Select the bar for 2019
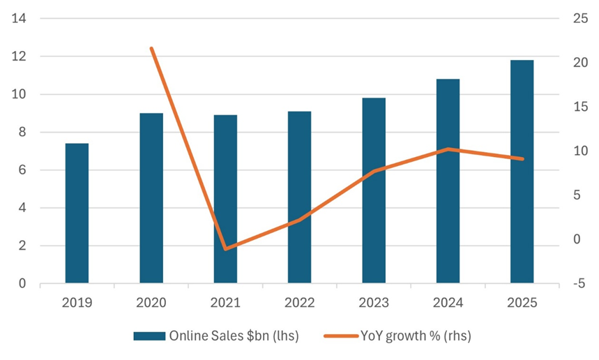(77, 213)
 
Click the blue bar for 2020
(151, 198)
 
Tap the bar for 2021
(225, 200)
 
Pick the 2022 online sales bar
(300, 197)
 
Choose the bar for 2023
(374, 190)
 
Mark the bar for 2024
(448, 181)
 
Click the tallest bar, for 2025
(522, 172)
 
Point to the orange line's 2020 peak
(151, 48)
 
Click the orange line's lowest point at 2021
(225, 249)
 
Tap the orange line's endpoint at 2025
(522, 159)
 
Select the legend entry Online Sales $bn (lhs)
(216, 336)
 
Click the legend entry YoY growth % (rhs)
(398, 336)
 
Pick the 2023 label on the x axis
(374, 303)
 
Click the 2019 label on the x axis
(77, 303)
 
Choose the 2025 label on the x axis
(522, 303)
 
